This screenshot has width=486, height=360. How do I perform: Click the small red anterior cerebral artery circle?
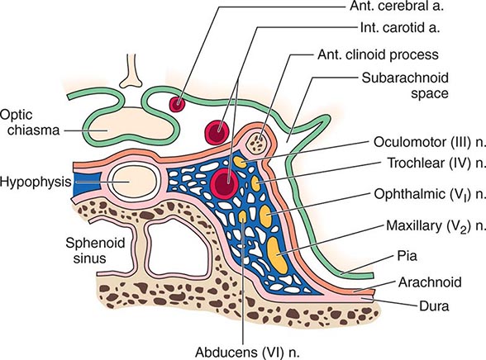177,104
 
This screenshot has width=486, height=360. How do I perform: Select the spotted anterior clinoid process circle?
259,143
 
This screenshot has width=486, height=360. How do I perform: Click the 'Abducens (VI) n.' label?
245,347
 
